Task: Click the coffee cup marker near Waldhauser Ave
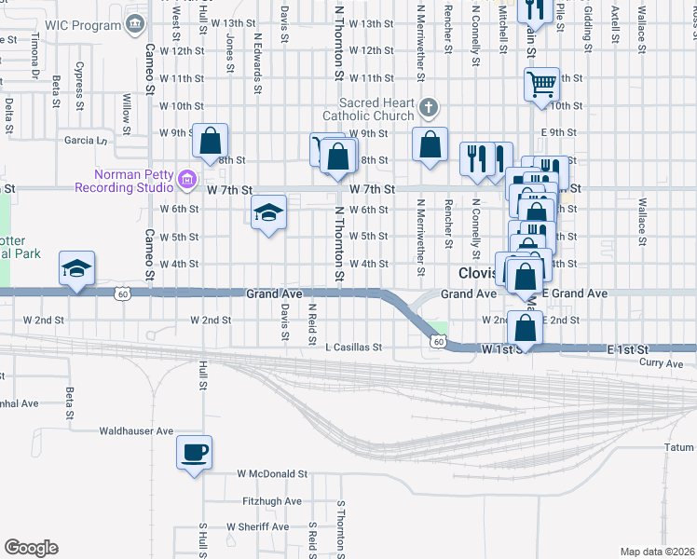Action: point(194,453)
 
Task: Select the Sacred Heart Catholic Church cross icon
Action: point(429,107)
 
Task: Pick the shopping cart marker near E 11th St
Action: point(540,85)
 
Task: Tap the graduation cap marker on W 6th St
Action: point(268,213)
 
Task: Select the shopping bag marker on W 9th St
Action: point(212,142)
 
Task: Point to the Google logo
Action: point(31,548)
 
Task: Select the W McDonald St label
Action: point(272,473)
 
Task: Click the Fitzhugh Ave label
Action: point(272,500)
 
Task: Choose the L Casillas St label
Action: point(353,347)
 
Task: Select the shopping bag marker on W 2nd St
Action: point(526,328)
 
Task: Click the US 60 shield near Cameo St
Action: point(122,294)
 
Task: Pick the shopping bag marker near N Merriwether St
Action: point(430,145)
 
